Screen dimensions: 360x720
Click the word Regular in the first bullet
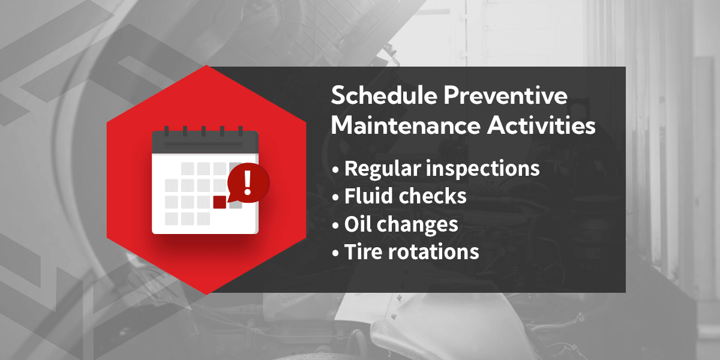[381, 169]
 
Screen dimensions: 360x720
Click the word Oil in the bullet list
[357, 224]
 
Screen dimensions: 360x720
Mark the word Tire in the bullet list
[362, 251]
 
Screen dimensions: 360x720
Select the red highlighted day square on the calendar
[220, 202]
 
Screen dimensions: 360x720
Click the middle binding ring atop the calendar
[204, 130]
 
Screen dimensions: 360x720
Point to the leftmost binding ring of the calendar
[166, 130]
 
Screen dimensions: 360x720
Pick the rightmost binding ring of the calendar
[241, 130]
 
